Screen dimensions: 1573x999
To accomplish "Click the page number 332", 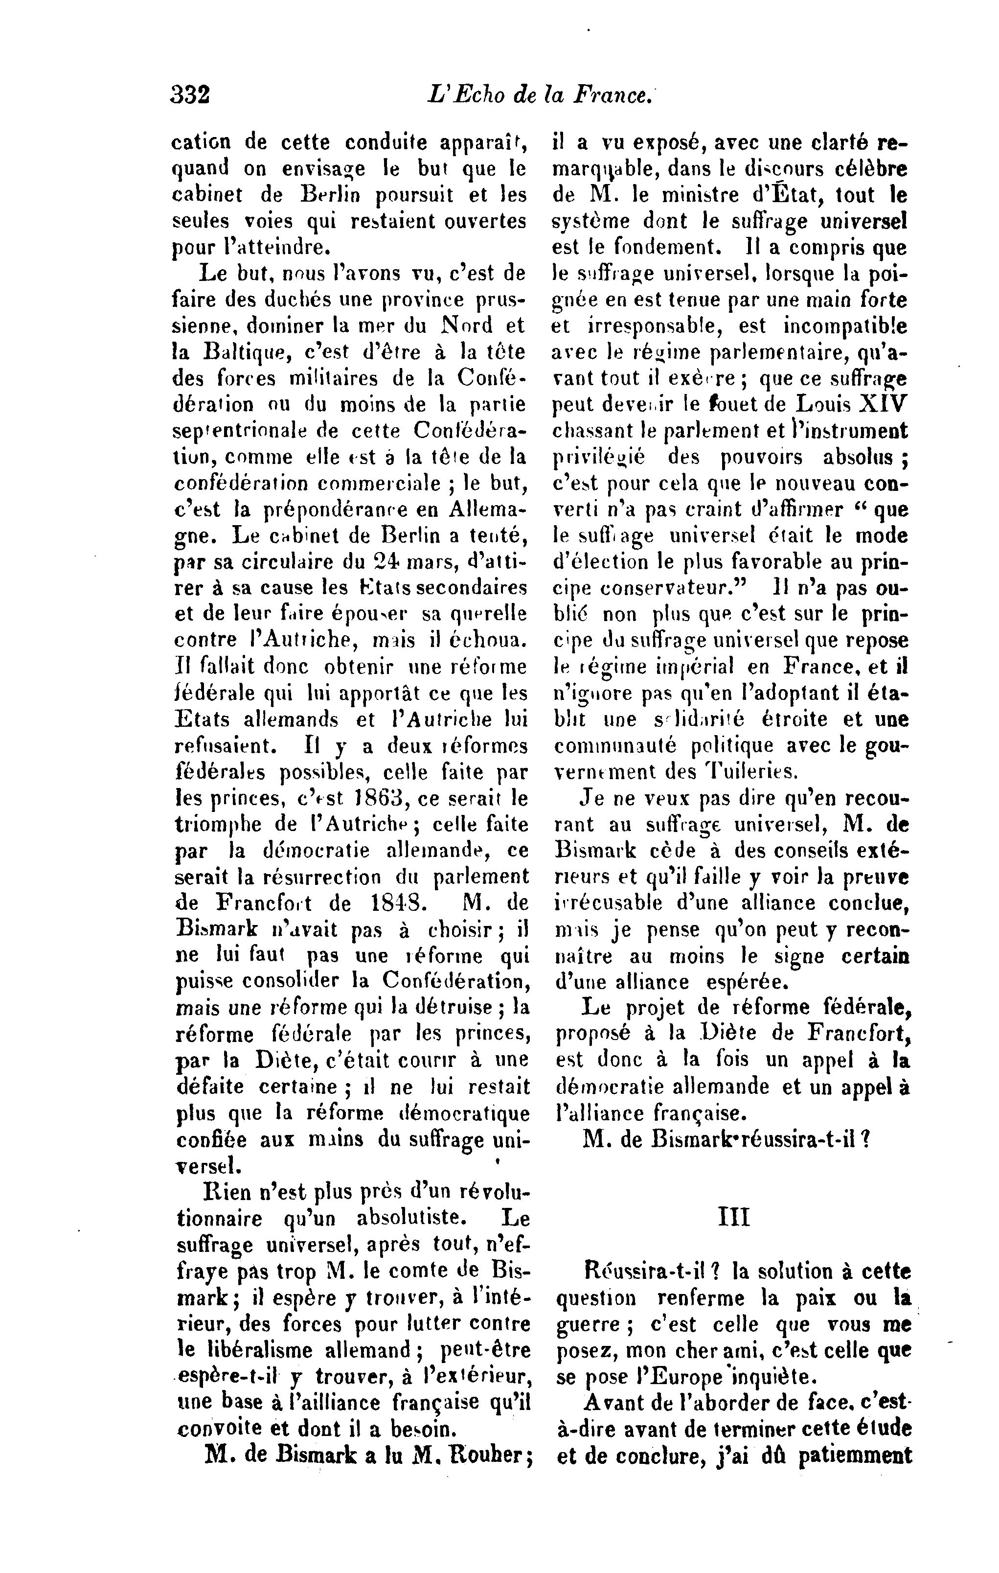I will (x=190, y=95).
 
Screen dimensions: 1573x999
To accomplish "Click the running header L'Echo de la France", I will (x=539, y=95).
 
